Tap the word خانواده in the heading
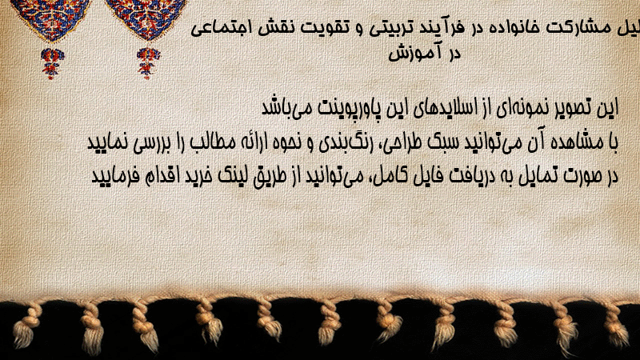[x=515, y=28]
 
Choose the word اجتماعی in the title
[x=219, y=29]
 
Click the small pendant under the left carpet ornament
[x=52, y=63]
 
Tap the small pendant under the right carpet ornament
[x=148, y=63]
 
